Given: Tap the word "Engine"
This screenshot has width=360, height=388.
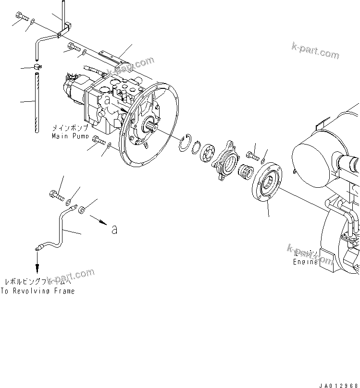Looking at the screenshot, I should [306, 262].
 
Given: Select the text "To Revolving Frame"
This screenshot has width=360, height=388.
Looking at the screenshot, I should [37, 291].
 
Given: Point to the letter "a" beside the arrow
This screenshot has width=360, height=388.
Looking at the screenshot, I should [114, 230].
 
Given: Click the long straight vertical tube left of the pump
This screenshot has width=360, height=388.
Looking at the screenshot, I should [36, 102].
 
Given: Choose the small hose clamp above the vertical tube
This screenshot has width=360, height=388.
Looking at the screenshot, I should [37, 66].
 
